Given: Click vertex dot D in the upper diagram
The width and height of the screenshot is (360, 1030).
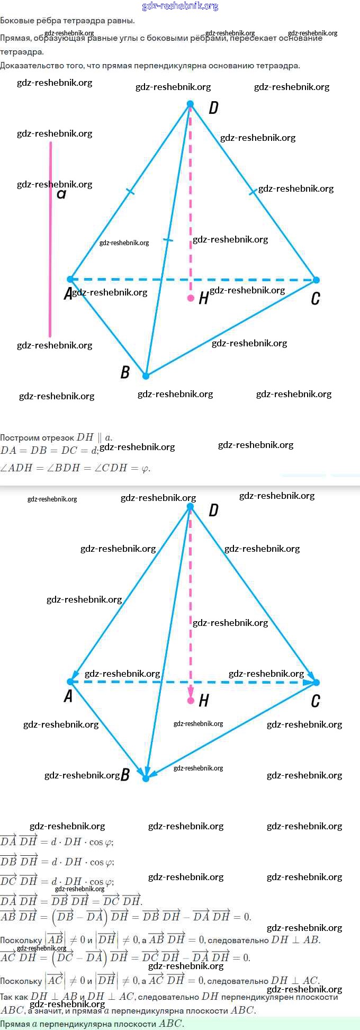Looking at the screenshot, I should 191,104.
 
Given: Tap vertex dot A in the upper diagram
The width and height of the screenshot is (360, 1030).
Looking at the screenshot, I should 70,279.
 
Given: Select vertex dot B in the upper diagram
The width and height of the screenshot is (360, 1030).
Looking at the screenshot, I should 146,376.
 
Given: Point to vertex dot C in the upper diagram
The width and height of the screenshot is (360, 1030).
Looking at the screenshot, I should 316,280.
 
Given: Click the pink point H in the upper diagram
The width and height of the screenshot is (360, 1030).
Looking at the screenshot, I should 191,298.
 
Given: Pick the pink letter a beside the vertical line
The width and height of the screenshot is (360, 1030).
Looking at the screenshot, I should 61,194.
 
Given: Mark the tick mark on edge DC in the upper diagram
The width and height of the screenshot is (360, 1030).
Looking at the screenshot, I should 253,192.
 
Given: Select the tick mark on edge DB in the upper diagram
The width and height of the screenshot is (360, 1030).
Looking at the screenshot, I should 168,240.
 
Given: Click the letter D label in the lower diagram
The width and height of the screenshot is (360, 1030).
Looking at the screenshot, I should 213,510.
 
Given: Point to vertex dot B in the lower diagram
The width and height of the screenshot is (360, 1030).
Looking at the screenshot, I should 146,778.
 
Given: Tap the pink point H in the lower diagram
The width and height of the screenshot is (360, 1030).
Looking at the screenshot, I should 191,701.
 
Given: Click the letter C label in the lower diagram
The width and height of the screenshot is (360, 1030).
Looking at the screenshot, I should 316,701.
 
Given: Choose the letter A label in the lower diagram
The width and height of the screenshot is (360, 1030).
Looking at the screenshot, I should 68,696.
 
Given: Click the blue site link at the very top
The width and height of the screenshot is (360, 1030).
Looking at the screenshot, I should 180,6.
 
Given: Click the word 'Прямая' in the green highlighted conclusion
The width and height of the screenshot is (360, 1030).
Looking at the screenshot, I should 15,1024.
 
